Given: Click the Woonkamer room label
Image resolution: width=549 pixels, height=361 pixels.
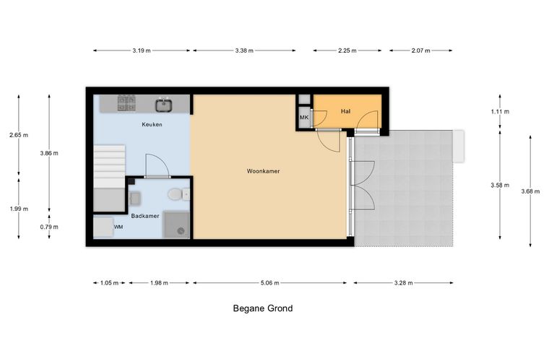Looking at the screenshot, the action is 263,171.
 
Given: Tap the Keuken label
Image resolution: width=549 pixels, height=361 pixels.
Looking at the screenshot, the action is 152,124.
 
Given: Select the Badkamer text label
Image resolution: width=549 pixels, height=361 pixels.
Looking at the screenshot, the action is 145,216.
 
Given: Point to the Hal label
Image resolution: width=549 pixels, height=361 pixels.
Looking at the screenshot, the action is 345,111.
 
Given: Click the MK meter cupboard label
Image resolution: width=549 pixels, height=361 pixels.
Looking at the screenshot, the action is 304,118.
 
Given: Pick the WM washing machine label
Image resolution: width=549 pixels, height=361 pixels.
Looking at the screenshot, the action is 118,227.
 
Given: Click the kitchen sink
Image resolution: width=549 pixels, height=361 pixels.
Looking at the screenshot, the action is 164,105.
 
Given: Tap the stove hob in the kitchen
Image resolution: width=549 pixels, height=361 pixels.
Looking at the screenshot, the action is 126,103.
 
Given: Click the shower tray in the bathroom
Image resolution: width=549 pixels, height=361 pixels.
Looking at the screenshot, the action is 176,225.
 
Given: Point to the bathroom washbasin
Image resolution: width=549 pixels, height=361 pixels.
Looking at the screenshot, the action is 135,199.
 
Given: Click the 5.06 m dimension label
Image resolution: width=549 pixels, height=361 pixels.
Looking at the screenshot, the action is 270,282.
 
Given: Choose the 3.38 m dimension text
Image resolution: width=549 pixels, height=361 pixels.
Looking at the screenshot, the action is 244,51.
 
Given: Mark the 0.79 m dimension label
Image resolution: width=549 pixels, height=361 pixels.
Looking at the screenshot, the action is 49,227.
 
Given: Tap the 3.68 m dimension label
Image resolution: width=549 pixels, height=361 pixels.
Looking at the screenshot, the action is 530,191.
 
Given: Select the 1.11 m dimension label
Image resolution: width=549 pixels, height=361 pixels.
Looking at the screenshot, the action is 500,112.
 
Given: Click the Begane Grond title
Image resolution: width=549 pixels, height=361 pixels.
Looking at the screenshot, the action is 263,308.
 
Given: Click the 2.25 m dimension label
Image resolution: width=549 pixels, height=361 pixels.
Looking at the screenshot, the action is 347,51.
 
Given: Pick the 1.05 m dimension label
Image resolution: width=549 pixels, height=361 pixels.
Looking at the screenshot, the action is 109,282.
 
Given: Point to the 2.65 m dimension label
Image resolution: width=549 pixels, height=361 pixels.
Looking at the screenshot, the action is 19,135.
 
